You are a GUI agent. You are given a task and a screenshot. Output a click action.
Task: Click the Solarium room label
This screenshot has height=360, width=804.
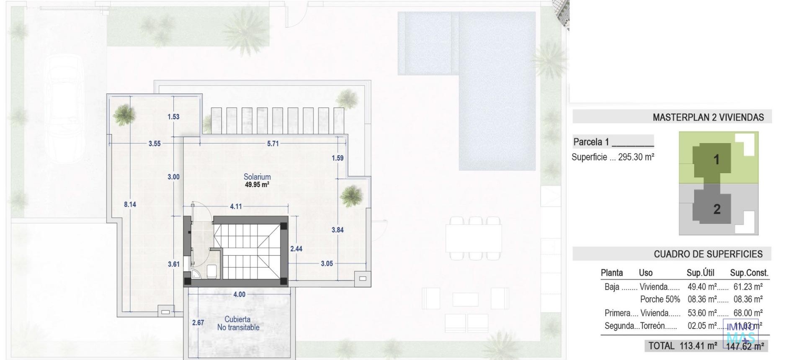point(257,177)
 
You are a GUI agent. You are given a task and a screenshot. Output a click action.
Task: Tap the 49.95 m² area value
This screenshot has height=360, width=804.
point(257,185)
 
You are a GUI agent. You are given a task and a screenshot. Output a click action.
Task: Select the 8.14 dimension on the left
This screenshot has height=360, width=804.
point(130,205)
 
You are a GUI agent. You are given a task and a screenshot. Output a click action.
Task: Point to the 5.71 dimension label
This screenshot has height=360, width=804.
point(273,144)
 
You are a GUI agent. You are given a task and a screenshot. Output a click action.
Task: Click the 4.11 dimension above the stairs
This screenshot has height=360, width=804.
point(236,206)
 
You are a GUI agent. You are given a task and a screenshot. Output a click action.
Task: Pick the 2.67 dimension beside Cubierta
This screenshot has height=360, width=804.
point(198,323)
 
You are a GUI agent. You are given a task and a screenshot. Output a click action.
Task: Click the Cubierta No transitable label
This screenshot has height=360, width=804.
point(238,324)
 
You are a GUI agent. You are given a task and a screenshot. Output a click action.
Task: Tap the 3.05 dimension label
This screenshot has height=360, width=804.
point(327,264)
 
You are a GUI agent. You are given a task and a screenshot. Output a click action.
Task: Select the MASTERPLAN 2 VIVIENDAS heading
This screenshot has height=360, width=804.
point(708,118)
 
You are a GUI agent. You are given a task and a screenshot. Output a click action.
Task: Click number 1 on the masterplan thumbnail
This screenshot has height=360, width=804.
point(716,159)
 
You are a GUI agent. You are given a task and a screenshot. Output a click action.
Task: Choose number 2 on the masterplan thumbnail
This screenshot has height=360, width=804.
point(717,209)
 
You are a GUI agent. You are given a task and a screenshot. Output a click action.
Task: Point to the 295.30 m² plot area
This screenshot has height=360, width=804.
point(636,157)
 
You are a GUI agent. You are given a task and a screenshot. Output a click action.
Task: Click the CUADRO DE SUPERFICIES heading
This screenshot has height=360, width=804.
point(708,254)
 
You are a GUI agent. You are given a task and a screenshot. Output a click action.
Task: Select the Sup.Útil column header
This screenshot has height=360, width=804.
point(700,273)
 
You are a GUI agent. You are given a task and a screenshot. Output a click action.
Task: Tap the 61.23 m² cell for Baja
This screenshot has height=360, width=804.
point(748,287)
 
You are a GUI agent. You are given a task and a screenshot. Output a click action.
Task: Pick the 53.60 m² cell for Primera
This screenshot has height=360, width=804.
point(702,313)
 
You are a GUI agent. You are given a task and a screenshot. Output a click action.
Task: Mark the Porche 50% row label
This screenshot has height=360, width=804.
point(660,300)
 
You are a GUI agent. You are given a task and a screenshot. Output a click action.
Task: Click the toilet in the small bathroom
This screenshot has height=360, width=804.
point(211,271)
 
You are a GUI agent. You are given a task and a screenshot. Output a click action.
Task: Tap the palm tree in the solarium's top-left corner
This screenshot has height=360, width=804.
point(124,114)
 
